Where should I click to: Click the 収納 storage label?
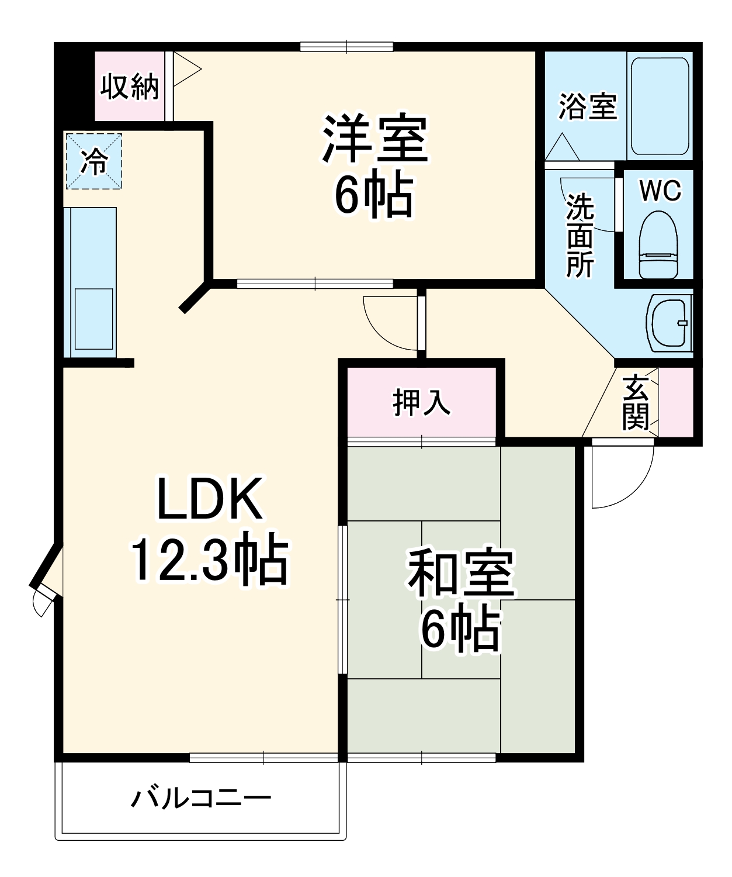pos(130,88)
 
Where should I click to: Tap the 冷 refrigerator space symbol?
pos(93,161)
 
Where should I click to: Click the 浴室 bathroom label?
pos(587,106)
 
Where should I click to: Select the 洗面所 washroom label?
pos(580,235)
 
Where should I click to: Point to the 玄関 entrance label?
pos(635,403)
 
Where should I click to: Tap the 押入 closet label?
pos(422,403)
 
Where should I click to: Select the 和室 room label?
pos(461,572)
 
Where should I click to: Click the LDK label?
pos(210,499)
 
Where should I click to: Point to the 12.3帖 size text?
pos(210,561)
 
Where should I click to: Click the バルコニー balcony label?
pos(201,798)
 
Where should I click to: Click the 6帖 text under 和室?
pos(461,631)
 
